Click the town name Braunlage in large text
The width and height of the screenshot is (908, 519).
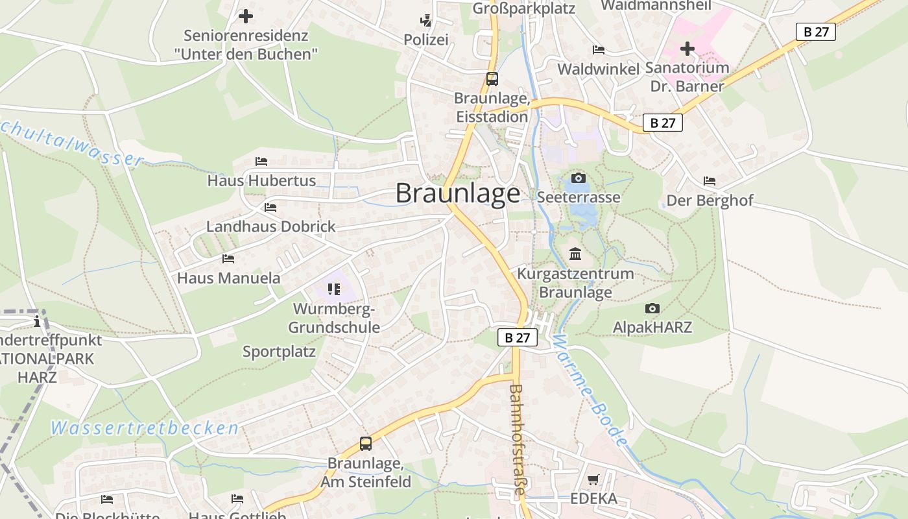[458, 193]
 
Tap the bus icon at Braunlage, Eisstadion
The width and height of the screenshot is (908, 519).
[492, 79]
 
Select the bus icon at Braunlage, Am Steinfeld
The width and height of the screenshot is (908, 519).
[366, 444]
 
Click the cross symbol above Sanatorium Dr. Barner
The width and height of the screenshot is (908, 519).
[687, 49]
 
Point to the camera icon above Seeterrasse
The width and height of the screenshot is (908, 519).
[578, 178]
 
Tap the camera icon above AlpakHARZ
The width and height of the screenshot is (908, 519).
[652, 308]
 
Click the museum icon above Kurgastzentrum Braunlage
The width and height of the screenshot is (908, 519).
[575, 254]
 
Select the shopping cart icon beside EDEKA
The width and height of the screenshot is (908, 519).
[593, 480]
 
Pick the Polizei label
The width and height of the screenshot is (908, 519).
[426, 40]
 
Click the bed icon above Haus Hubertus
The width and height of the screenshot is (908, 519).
[261, 161]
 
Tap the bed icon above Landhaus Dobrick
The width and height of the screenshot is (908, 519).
[270, 208]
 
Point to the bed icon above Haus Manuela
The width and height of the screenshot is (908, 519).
[228, 258]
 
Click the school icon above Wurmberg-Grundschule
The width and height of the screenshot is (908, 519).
[334, 289]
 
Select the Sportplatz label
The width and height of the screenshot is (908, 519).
[279, 352]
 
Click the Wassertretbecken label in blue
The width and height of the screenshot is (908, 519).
[145, 428]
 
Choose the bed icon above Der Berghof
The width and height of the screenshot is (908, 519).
[710, 181]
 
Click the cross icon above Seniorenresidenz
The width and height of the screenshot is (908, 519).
[246, 16]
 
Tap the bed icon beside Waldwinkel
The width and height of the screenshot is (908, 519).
[599, 50]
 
